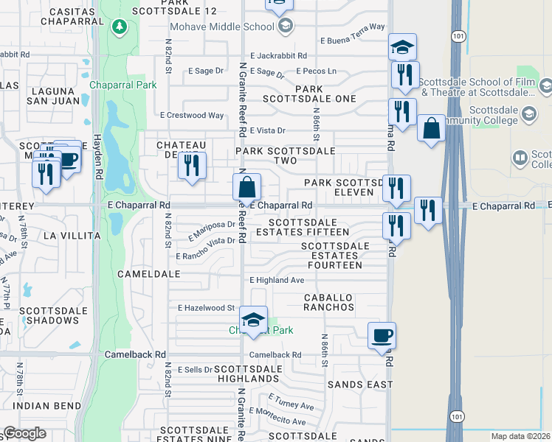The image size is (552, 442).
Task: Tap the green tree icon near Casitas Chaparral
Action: click(x=120, y=27)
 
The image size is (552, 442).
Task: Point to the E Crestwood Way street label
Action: click(x=192, y=116)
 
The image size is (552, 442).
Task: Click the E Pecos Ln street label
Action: click(x=316, y=71)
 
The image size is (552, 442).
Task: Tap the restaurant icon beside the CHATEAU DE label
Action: click(x=192, y=165)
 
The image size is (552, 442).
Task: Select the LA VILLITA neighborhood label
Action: click(x=72, y=236)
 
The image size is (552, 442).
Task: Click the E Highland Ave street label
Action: click(x=277, y=280)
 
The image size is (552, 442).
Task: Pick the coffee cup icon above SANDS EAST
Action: click(x=382, y=336)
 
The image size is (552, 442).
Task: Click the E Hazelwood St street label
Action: click(x=206, y=308)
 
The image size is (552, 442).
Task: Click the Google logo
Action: click(x=24, y=433)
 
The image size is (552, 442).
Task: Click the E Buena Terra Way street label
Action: click(x=352, y=27)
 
